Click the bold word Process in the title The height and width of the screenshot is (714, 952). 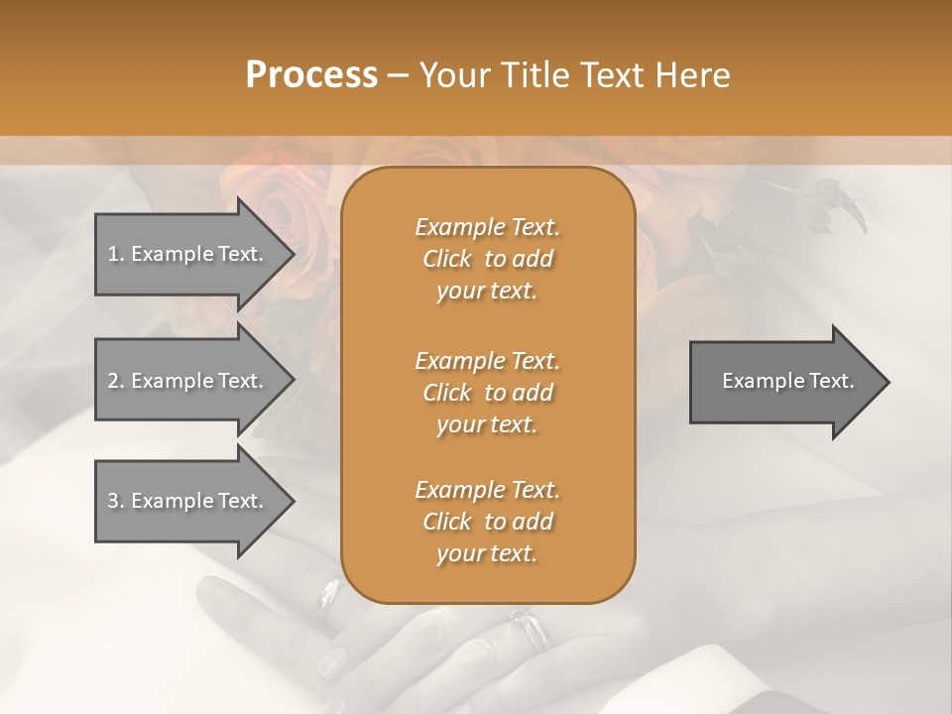tap(311, 75)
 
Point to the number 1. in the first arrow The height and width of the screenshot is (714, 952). tap(116, 254)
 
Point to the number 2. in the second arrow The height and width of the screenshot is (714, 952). tap(116, 381)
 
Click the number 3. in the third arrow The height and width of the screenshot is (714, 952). tap(116, 501)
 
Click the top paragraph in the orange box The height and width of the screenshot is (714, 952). tap(487, 259)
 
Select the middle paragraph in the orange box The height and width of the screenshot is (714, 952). tap(487, 392)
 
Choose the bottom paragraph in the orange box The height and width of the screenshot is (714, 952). tap(487, 522)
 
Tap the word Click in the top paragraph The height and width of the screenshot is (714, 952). tap(447, 259)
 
